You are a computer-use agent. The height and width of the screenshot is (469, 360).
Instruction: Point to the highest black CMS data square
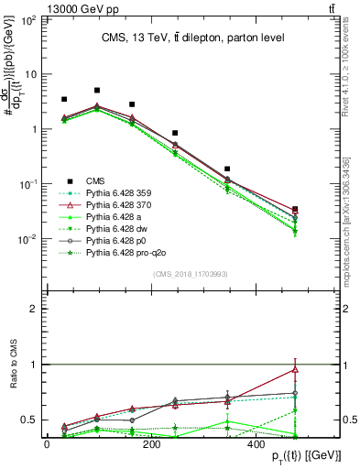[x=97, y=91]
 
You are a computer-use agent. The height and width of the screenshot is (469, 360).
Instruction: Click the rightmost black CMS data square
[x=294, y=210]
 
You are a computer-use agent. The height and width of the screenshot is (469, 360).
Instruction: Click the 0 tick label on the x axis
[x=47, y=444]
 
